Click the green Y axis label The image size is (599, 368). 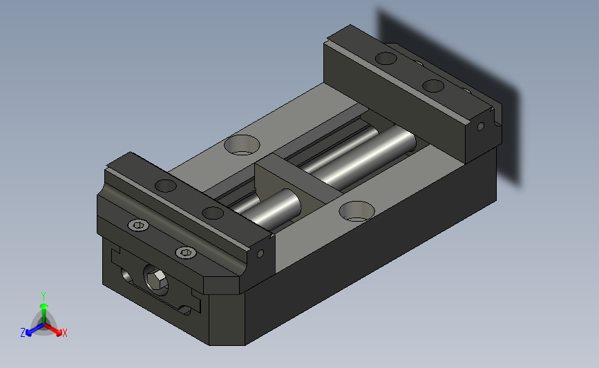coord(43,296)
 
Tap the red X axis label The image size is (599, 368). coord(64,333)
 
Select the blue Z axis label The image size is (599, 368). coord(23,333)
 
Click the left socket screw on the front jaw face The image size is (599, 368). coord(138,225)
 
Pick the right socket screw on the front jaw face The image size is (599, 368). coord(186,252)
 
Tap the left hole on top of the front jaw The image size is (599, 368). coord(165,186)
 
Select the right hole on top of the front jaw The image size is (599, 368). coord(213,213)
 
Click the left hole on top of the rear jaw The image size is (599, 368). coord(386,59)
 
